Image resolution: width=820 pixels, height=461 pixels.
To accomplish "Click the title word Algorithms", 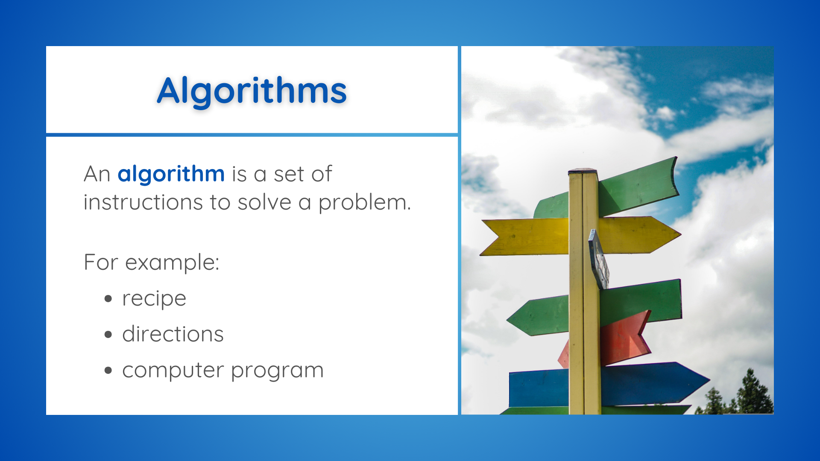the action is click(252, 90).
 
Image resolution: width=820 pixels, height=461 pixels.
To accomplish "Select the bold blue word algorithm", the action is click(171, 174).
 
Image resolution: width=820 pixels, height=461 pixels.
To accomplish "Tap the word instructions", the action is click(143, 202).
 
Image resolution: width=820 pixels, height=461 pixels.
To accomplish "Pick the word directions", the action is click(173, 334).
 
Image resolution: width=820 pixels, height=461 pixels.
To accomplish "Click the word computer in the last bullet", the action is click(173, 370).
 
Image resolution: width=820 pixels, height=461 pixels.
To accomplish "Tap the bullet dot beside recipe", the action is click(108, 299).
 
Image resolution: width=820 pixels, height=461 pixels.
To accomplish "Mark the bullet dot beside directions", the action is click(108, 335).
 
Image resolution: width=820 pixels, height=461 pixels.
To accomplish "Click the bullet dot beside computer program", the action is click(108, 371).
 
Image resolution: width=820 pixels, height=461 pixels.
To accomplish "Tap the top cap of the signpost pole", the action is click(583, 171).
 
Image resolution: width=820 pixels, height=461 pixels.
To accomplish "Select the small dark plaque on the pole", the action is click(599, 259).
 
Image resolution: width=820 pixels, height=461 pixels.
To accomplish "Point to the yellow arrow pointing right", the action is click(639, 235).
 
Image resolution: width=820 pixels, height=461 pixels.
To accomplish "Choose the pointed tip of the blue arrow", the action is click(709, 379).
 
